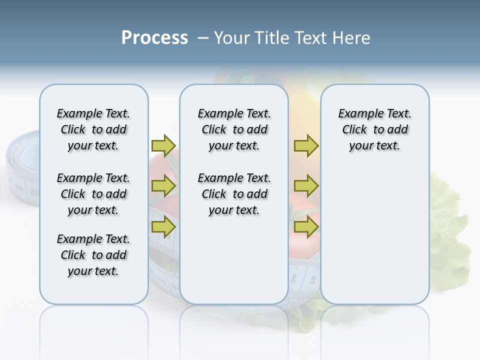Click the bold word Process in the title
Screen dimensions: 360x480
(x=154, y=38)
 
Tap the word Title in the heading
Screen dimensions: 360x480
(x=273, y=38)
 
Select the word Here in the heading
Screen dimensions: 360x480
(x=351, y=38)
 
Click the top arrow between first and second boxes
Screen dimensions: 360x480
(x=163, y=145)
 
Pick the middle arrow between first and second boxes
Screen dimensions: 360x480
(x=163, y=186)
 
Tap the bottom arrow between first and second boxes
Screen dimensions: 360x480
(x=163, y=227)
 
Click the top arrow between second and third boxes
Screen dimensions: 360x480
(x=306, y=145)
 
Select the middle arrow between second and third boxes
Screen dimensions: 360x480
(x=306, y=186)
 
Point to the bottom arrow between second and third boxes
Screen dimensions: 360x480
(x=306, y=227)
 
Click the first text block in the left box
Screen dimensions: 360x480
(x=93, y=129)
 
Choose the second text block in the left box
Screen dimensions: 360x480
(x=93, y=194)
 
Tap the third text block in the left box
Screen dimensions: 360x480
(x=93, y=255)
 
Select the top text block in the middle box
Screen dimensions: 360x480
(x=234, y=129)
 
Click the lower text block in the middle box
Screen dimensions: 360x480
(x=234, y=194)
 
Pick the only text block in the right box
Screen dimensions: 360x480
(x=374, y=129)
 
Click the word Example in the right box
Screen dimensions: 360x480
(x=356, y=113)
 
